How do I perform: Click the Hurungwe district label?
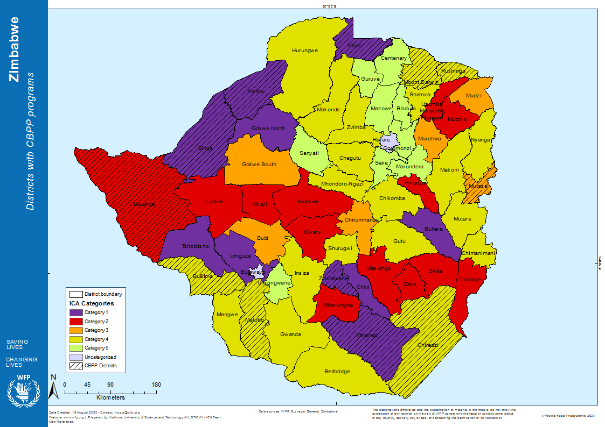(x=305, y=51)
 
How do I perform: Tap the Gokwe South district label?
(x=259, y=164)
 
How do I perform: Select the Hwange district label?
(x=144, y=204)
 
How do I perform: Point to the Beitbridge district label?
(x=337, y=372)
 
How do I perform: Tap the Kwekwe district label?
(x=308, y=202)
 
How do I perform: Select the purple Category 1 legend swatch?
(x=75, y=312)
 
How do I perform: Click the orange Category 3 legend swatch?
(x=75, y=330)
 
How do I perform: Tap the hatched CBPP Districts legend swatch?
(x=75, y=366)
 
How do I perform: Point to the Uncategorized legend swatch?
(x=75, y=357)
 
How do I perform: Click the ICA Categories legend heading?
(x=91, y=303)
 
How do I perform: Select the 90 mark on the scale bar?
(x=110, y=385)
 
